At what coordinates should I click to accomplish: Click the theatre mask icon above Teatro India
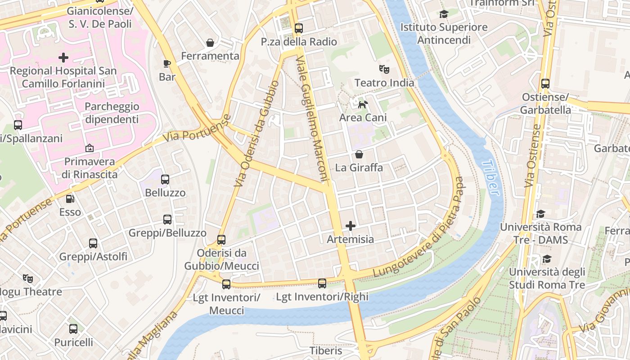pyautogui.click(x=384, y=69)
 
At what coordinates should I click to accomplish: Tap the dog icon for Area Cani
pyautogui.click(x=362, y=105)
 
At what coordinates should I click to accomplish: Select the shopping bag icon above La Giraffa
pyautogui.click(x=359, y=155)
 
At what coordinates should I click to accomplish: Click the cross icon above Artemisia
pyautogui.click(x=351, y=226)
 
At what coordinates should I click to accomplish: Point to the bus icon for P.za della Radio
pyautogui.click(x=298, y=28)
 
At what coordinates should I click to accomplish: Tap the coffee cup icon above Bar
pyautogui.click(x=167, y=63)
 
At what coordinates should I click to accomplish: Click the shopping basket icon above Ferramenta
pyautogui.click(x=210, y=43)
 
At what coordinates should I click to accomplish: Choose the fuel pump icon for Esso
pyautogui.click(x=70, y=198)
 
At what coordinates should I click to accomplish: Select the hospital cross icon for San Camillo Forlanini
pyautogui.click(x=63, y=58)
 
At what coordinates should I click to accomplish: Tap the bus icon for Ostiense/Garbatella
pyautogui.click(x=545, y=84)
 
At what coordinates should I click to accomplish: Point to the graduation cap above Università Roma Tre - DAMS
pyautogui.click(x=540, y=214)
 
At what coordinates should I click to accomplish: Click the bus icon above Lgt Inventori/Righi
pyautogui.click(x=322, y=283)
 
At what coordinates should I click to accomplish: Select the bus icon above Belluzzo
pyautogui.click(x=165, y=180)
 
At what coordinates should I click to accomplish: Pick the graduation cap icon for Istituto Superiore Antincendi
pyautogui.click(x=444, y=14)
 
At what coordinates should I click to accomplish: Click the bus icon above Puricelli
pyautogui.click(x=73, y=329)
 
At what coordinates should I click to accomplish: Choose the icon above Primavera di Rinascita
pyautogui.click(x=89, y=148)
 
